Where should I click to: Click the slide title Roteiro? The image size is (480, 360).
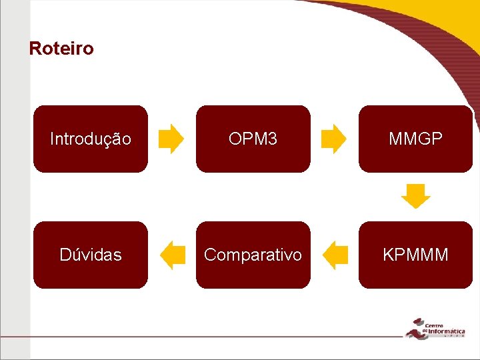pos(61,49)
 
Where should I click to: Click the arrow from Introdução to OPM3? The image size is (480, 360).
pos(171,139)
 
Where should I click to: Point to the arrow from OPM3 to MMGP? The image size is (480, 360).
pos(334,139)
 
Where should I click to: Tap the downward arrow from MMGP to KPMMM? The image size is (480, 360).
pos(416,197)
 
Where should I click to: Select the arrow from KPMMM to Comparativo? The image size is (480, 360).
pos(335,255)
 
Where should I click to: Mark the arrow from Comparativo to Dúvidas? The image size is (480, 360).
pos(173,255)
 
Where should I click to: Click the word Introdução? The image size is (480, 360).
pos(91,139)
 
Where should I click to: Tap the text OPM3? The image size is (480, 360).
pos(253,139)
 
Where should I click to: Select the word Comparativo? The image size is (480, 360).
pos(253,255)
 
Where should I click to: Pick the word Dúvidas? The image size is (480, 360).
pos(91,255)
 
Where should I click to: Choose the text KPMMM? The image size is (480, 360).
pos(415,255)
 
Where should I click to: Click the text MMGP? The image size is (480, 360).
pos(415,139)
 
